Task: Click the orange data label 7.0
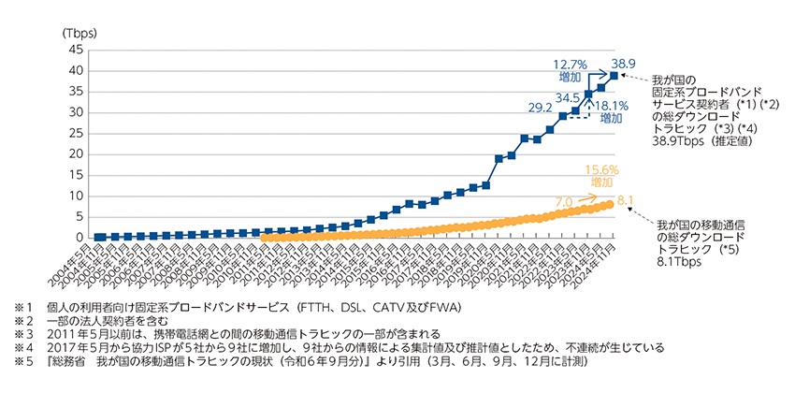565,200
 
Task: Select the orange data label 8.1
628,200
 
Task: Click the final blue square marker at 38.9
614,76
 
